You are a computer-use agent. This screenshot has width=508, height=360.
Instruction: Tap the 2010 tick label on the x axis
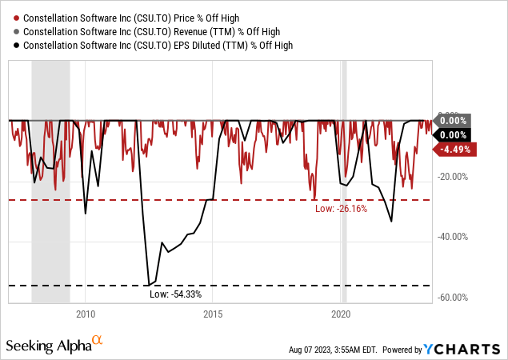pyautogui.click(x=86, y=314)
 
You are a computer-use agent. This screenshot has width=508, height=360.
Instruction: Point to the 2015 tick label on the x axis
pyautogui.click(x=213, y=314)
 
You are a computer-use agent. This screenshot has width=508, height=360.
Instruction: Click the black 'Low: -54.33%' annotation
pyautogui.click(x=176, y=294)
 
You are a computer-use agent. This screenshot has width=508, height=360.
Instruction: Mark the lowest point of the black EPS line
pyautogui.click(x=148, y=284)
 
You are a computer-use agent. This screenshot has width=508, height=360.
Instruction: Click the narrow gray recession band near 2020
pyautogui.click(x=344, y=208)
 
